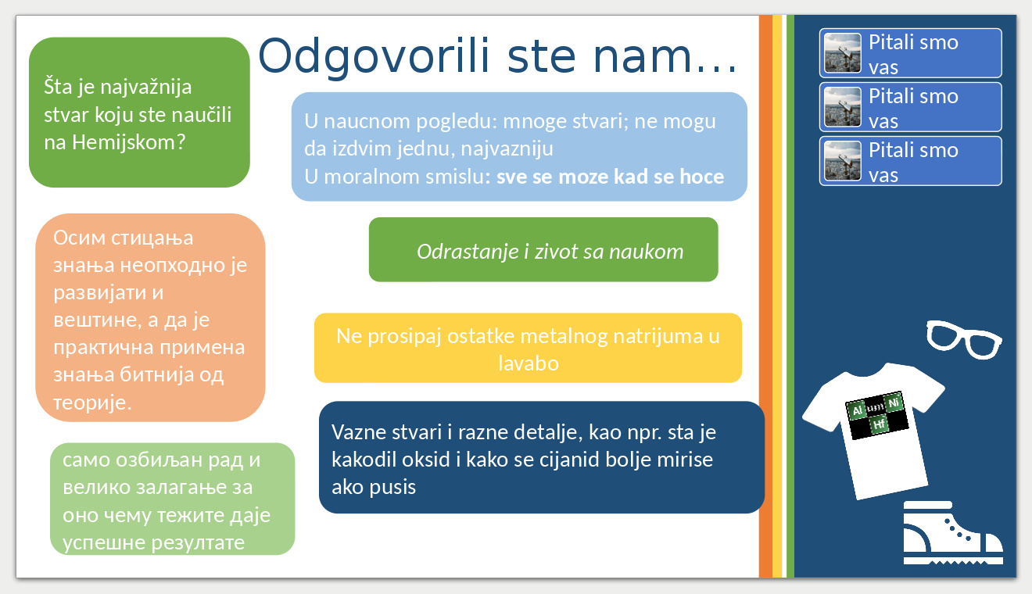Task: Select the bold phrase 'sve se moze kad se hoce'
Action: pos(610,177)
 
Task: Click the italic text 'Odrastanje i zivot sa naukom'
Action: pos(550,252)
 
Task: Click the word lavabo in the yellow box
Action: pos(529,363)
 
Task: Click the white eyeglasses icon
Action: pos(964,339)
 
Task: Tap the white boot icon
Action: pos(953,533)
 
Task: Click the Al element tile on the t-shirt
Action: pos(857,410)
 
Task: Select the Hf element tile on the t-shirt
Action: pos(879,424)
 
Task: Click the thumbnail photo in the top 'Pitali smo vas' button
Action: pos(842,53)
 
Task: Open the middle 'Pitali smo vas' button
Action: pos(910,107)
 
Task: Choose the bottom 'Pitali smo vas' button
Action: pos(910,161)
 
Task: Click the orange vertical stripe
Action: pos(765,296)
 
